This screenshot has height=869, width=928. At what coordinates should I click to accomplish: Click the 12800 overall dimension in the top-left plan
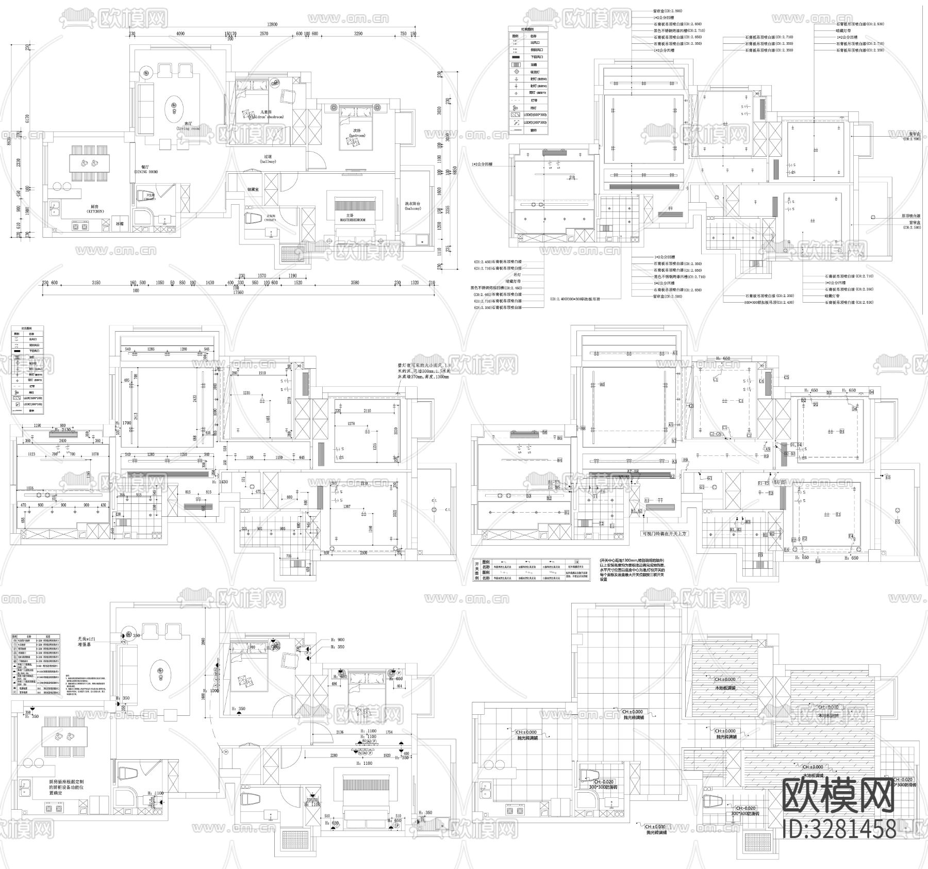[x=272, y=24]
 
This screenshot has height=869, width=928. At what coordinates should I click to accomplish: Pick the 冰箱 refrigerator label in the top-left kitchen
[x=120, y=223]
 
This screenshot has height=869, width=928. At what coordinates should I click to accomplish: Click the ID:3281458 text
[x=839, y=829]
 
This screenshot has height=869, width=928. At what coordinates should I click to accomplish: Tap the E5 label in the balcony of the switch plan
[x=897, y=522]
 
